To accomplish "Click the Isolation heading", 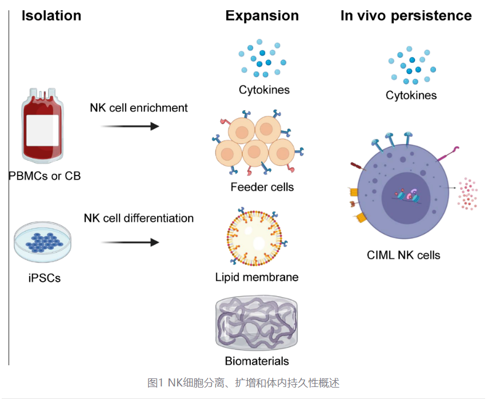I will [51, 15].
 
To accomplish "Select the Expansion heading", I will [262, 15].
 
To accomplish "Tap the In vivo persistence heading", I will [406, 15].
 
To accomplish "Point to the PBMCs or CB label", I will [45, 175].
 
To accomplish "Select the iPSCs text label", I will [41, 278].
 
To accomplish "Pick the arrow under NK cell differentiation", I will [130, 242].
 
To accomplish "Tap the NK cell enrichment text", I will [139, 107].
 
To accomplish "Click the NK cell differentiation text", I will [139, 218].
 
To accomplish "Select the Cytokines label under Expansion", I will [264, 90].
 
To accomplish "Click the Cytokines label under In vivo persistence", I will [411, 95].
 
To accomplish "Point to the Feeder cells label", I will [262, 186].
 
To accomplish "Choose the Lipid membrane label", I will [257, 277].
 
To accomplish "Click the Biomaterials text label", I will [257, 361].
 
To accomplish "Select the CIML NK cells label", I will [403, 254].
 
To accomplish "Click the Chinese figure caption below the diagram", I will [243, 382].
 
